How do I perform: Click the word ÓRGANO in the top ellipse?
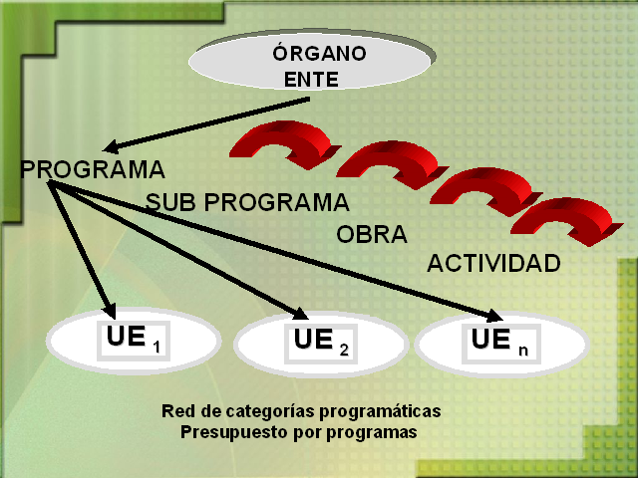point(319,53)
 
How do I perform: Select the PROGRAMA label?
point(93,169)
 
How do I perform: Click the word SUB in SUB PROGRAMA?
point(166,203)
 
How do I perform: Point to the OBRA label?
point(372,236)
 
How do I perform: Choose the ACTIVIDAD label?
point(493,264)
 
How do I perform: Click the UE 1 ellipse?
point(133,342)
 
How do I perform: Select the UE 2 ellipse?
point(320,345)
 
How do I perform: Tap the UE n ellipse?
point(501,344)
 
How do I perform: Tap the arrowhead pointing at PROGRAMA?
point(112,145)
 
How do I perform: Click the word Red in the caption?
point(175,410)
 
